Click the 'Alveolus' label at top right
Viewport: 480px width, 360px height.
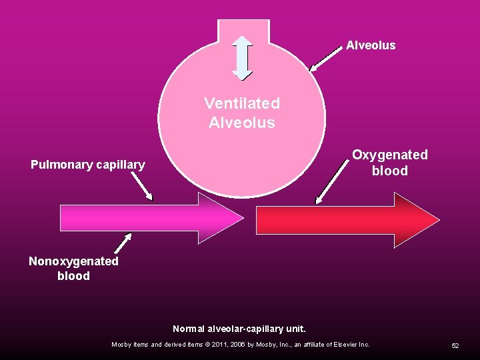[x=371, y=45]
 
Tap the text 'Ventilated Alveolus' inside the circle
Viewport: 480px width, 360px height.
[x=242, y=113]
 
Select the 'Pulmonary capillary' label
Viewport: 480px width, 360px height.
[x=87, y=164]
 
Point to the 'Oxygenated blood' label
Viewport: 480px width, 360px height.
[x=390, y=163]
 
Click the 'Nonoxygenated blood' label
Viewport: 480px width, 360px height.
[x=73, y=268]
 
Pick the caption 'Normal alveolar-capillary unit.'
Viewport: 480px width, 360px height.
[x=239, y=329]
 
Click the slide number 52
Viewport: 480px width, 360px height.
[x=455, y=345]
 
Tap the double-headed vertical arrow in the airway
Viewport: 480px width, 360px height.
[x=241, y=57]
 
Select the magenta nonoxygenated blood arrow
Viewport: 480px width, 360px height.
[x=147, y=218]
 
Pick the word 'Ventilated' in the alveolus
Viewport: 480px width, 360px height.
[x=242, y=104]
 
